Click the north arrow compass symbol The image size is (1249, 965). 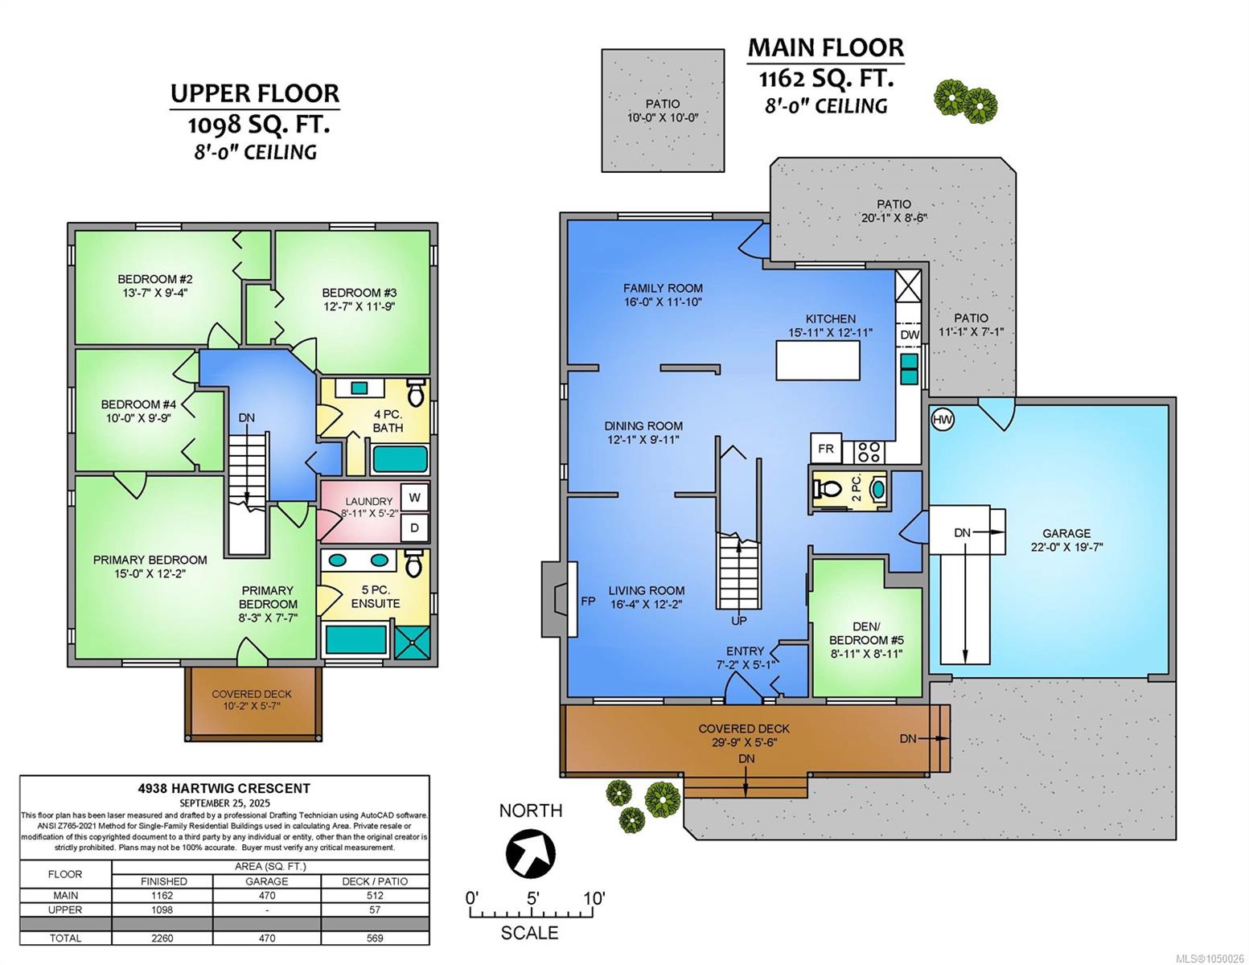point(530,852)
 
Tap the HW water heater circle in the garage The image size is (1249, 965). point(942,420)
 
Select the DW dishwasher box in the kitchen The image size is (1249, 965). point(910,335)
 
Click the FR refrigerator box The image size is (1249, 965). point(826,448)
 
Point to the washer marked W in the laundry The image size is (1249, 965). point(414,498)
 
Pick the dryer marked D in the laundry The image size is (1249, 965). point(414,528)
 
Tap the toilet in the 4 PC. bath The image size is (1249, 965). point(415,392)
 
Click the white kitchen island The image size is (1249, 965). point(818,360)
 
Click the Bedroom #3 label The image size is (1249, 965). point(359,299)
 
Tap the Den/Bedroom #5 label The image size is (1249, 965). point(866,639)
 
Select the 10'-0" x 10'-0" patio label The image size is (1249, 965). point(663,111)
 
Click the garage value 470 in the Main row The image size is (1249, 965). point(267,895)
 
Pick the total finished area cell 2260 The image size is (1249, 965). point(162,938)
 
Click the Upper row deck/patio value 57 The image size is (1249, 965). point(375,910)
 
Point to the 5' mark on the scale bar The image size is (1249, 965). point(532,897)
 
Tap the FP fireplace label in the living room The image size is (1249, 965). point(588,602)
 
